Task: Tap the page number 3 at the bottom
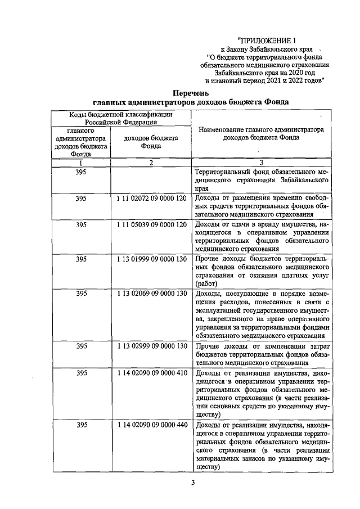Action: click(192, 482)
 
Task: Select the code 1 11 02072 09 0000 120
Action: click(152, 199)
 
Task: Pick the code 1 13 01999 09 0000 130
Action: click(152, 259)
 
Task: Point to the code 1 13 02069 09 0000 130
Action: click(152, 294)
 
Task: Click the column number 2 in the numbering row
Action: click(151, 163)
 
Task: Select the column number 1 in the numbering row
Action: click(80, 163)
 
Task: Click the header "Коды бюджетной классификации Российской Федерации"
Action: click(121, 118)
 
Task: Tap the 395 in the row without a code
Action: click(81, 172)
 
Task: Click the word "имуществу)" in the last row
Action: click(206, 466)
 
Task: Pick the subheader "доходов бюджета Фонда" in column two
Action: click(151, 141)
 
